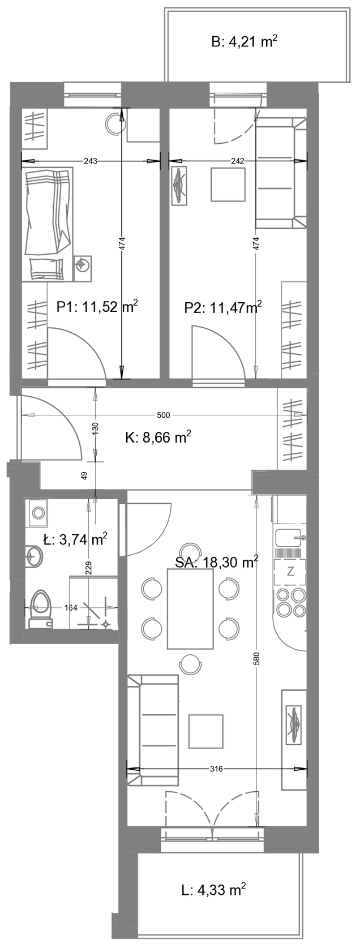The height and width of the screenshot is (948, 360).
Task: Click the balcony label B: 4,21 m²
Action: click(x=244, y=42)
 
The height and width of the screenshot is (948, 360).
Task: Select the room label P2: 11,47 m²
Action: click(x=222, y=307)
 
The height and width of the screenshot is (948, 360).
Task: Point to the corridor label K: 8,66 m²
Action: click(x=158, y=437)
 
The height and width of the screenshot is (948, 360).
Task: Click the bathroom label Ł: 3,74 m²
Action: click(x=75, y=539)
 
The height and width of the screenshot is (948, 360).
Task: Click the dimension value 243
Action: click(x=91, y=161)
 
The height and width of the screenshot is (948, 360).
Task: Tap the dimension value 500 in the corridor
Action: click(x=163, y=415)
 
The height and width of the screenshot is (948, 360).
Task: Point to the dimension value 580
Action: click(x=257, y=659)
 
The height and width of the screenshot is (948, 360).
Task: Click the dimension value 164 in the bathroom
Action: click(x=71, y=608)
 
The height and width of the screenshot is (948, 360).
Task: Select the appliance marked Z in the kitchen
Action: click(x=290, y=572)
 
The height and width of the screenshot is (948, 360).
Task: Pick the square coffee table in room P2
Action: click(x=229, y=185)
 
